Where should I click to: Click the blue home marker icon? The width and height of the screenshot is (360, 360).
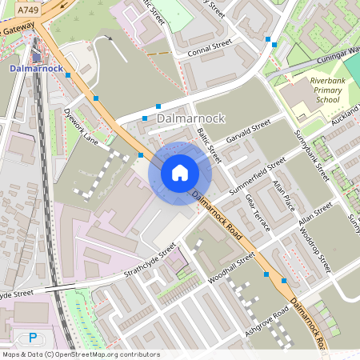coord(180,173)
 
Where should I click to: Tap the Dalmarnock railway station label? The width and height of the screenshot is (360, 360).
coord(35,69)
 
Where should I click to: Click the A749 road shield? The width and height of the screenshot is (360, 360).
coord(27,10)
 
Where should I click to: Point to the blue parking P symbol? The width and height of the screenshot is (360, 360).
coord(33,338)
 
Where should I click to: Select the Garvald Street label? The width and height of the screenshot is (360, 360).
coord(250,131)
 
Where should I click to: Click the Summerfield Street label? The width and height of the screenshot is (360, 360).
coord(258,179)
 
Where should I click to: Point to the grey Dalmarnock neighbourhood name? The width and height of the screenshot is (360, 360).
coord(192,118)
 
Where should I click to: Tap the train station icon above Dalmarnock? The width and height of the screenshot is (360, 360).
coord(36,55)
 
